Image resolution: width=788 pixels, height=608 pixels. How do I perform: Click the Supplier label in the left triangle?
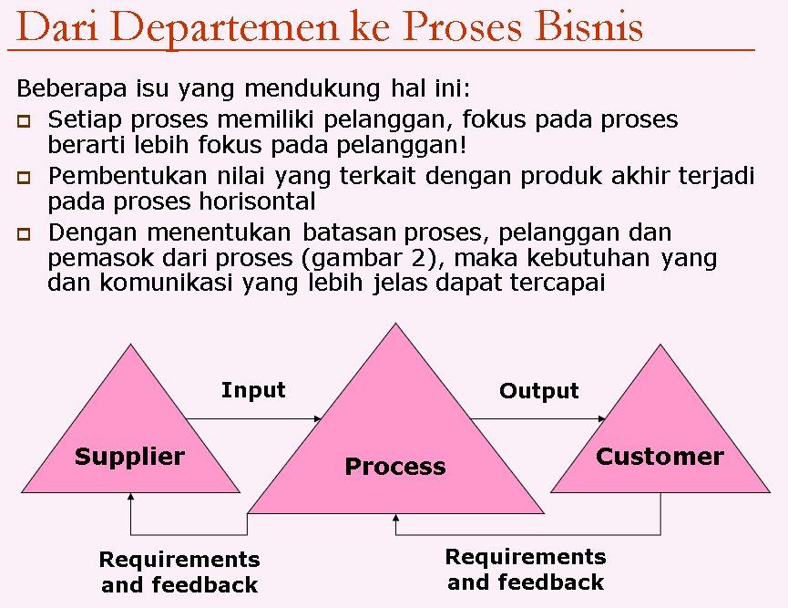(129, 456)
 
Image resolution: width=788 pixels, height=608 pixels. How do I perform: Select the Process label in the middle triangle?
(395, 467)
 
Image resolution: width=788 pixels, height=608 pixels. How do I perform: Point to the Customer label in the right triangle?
(660, 456)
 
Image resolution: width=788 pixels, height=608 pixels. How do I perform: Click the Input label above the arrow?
(253, 390)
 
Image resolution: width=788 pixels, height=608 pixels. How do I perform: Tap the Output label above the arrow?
(539, 391)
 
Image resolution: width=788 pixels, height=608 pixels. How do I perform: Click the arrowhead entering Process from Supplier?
(318, 419)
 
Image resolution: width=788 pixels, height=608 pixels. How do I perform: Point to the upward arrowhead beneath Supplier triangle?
(131, 498)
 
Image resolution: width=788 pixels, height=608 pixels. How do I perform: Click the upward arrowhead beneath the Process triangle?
(395, 520)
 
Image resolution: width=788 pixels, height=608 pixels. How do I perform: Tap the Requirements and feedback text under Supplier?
(179, 572)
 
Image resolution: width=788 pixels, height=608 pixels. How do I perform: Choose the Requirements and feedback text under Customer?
(526, 570)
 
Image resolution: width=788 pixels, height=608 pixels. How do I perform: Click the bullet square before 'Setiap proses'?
(24, 120)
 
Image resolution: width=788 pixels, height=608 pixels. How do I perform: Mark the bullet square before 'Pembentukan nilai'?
(24, 177)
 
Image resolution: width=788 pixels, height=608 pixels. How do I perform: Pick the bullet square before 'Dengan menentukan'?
(24, 234)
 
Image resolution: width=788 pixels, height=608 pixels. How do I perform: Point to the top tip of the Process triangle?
(394, 325)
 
